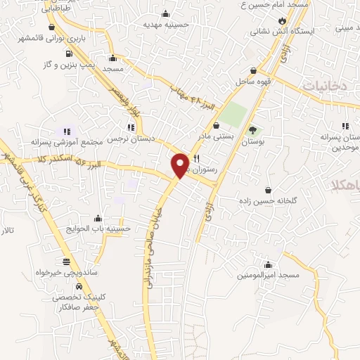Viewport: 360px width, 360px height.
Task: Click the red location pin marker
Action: point(180,164)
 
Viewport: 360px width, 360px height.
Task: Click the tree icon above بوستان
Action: point(252,130)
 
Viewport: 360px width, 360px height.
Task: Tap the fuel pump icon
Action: point(68,53)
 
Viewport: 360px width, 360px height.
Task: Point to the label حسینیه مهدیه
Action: point(165,24)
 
